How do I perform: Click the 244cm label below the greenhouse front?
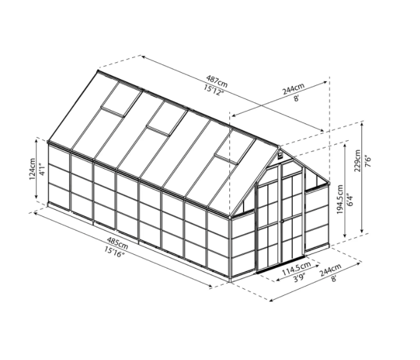coord(330,272)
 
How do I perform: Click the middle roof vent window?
coord(165,118)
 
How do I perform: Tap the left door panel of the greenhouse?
coord(268,218)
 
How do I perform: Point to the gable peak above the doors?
coord(279,149)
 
